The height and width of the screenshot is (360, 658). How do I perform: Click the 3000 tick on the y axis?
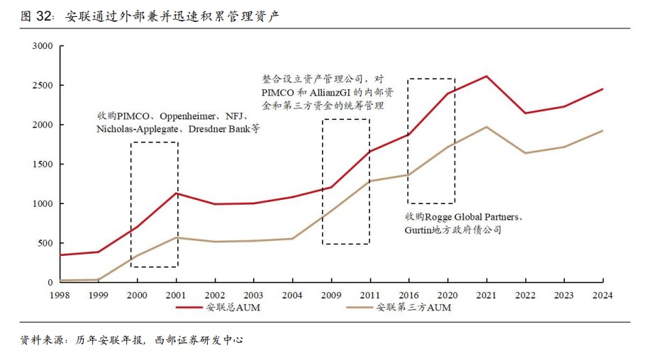click(x=43, y=46)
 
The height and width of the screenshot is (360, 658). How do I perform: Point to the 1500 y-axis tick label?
click(x=43, y=164)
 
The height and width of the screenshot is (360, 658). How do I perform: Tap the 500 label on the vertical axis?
click(x=45, y=243)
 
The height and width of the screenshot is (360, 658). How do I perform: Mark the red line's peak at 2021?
click(x=486, y=76)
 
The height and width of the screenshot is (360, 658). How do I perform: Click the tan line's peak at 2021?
click(x=486, y=127)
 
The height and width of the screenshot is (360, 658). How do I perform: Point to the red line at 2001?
click(x=176, y=193)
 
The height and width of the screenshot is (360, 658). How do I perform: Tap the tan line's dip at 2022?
click(x=525, y=153)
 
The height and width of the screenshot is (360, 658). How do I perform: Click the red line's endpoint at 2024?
click(x=603, y=89)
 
